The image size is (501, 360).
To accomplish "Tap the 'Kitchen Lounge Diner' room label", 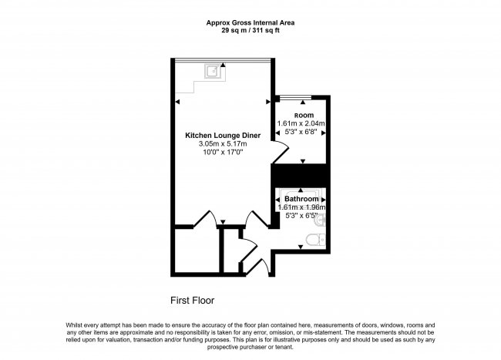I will pyautogui.click(x=223, y=136).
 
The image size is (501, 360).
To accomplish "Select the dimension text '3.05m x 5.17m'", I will pyautogui.click(x=223, y=144).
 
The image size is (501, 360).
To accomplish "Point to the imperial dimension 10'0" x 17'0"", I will pyautogui.click(x=223, y=153).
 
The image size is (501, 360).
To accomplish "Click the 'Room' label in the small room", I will pyautogui.click(x=300, y=115).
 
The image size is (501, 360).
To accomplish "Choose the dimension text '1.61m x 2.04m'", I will pyautogui.click(x=301, y=123).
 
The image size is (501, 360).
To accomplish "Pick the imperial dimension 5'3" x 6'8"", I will pyautogui.click(x=301, y=133).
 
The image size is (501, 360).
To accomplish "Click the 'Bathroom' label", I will pyautogui.click(x=301, y=199).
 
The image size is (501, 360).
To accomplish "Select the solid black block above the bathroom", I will pyautogui.click(x=301, y=175).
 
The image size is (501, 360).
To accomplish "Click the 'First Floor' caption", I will pyautogui.click(x=192, y=300).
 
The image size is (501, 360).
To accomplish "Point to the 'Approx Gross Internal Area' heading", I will pyautogui.click(x=250, y=23).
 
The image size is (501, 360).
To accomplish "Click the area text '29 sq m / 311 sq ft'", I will pyautogui.click(x=250, y=31).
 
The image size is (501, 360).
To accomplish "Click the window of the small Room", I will pyautogui.click(x=295, y=98).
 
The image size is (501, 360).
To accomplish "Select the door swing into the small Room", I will pyautogui.click(x=282, y=154).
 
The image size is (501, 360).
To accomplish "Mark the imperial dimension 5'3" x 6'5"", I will pyautogui.click(x=301, y=217).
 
